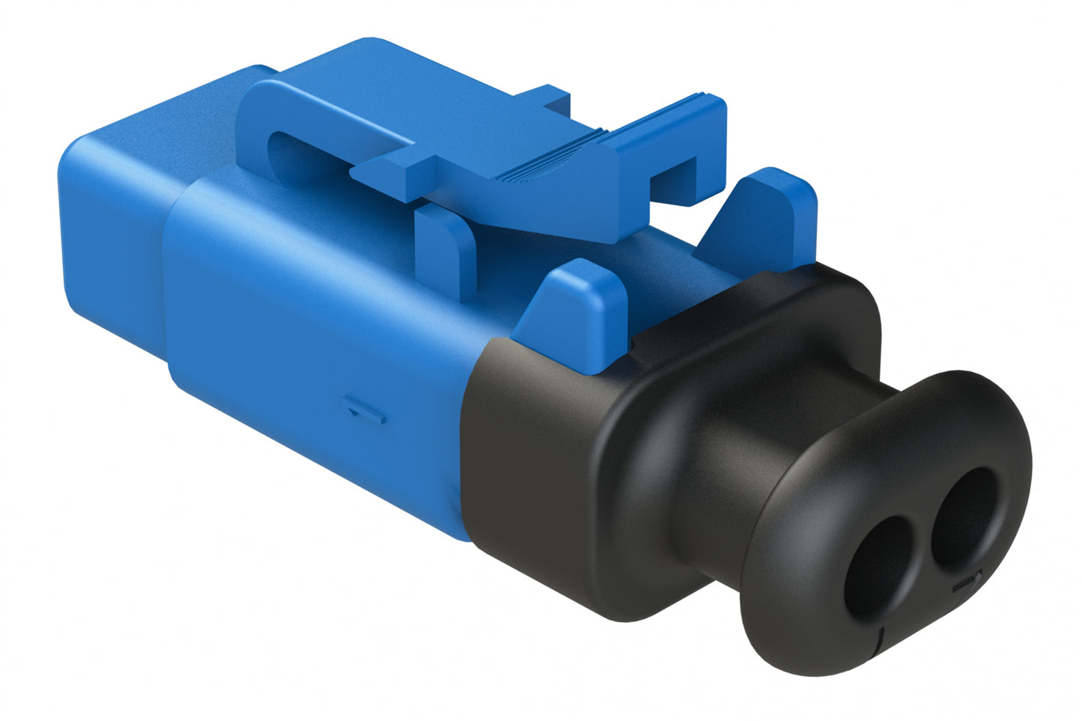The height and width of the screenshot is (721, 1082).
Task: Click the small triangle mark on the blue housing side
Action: pyautogui.click(x=367, y=412)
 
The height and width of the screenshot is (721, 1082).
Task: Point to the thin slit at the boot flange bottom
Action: pyautogui.click(x=881, y=636)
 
